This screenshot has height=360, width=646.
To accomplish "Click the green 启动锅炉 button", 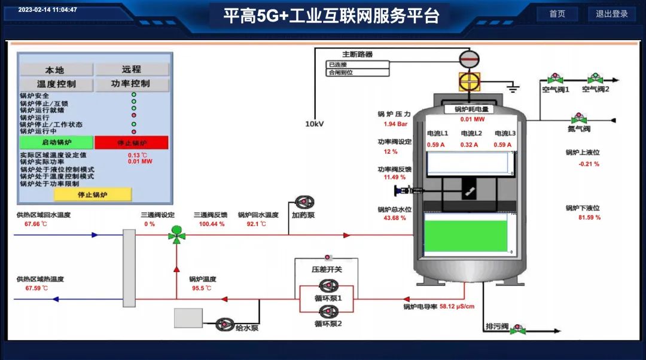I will tap(56, 142).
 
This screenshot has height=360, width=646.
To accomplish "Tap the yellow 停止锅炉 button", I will tap(92, 194).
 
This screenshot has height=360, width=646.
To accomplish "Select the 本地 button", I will tap(55, 69).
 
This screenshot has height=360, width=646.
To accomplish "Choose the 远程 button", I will tap(132, 69).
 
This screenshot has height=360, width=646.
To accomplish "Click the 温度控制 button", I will tap(56, 84).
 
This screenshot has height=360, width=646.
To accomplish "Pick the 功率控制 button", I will tap(131, 84).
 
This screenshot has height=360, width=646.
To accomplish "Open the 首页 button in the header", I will tap(557, 14).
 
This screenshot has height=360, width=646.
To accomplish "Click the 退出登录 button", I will tap(612, 14).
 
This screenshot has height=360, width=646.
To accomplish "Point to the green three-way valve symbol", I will tap(176, 234).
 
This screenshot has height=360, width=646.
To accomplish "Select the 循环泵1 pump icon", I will tap(328, 286).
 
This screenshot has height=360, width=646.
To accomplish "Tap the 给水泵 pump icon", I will tap(225, 324).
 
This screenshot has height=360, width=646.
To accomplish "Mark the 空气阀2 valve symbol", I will tap(595, 78).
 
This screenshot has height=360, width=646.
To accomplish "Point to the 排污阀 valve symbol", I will tap(519, 328).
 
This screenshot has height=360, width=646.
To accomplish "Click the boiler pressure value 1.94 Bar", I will tap(395, 124).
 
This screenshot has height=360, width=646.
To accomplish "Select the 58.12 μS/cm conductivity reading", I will tap(457, 307).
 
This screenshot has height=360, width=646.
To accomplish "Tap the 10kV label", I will tap(315, 124).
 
